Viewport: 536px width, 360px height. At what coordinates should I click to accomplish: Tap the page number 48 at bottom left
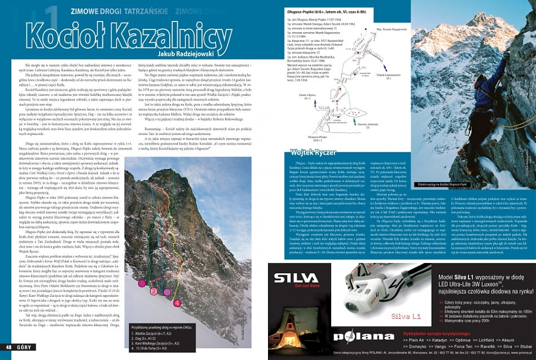coord(10,346)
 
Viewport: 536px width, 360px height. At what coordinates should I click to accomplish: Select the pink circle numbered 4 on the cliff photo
coord(177,303)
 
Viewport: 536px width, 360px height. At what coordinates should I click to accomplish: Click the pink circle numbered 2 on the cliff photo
coord(152,292)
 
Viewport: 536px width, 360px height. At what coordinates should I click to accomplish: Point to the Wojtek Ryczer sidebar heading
coord(310,152)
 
